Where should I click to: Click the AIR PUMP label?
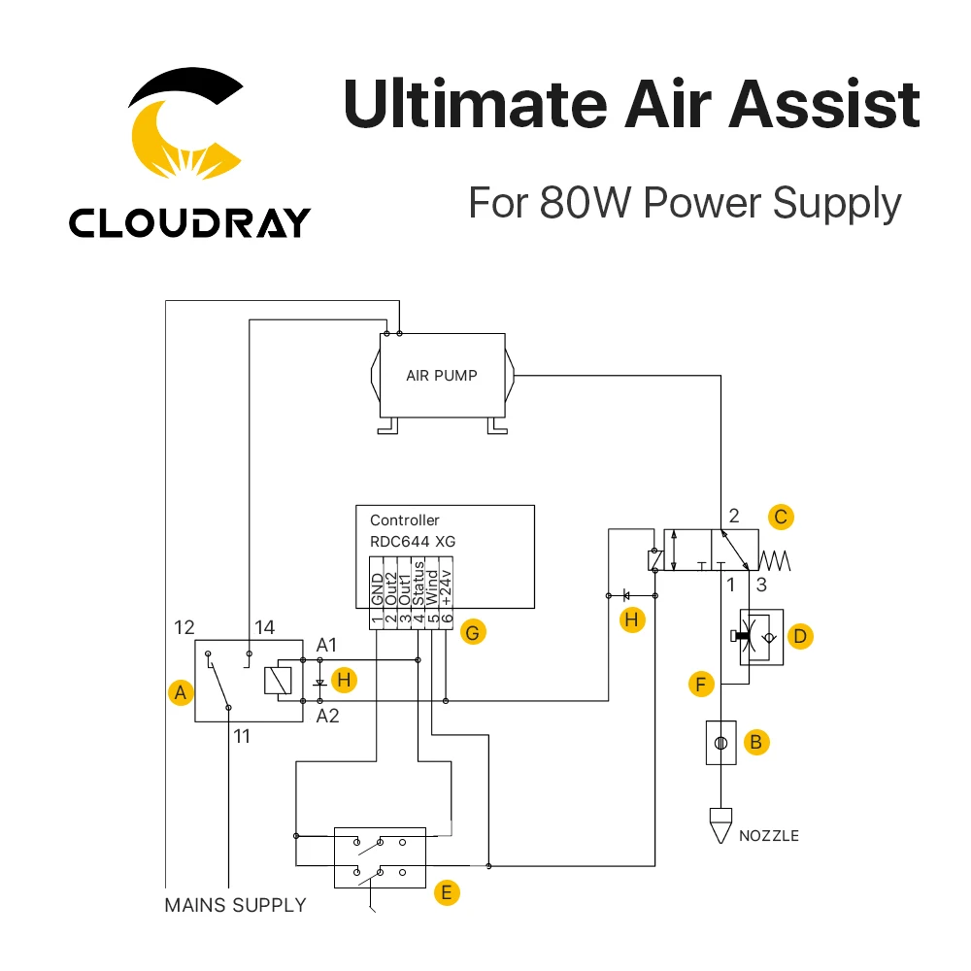[441, 375]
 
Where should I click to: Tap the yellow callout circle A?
[179, 692]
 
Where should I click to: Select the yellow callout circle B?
[755, 743]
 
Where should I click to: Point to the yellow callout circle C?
[781, 517]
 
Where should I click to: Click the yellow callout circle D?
[800, 636]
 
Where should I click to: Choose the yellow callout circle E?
[446, 893]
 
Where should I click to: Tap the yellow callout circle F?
[699, 684]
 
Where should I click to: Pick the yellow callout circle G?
[473, 632]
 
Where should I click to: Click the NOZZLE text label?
[769, 835]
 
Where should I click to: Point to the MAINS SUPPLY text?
[235, 905]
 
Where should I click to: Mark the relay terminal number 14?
[262, 627]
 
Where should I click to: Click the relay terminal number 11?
[242, 737]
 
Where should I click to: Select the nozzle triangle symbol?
[720, 824]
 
